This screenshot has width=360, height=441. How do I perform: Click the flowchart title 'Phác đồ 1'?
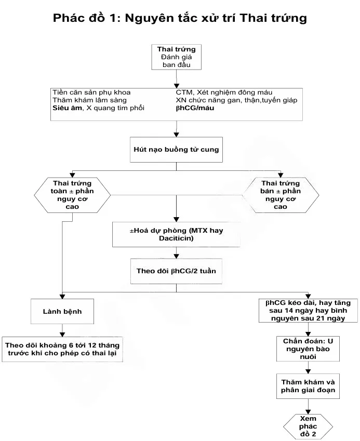coord(85,18)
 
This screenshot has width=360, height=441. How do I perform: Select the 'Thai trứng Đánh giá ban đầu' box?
coord(176,57)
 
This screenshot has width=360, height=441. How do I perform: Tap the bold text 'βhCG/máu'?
coord(195,108)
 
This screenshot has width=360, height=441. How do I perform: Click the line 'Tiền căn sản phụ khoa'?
coord(88,92)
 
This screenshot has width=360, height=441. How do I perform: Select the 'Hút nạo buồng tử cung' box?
coord(176,150)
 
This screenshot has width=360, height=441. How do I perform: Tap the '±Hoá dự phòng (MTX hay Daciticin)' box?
coord(176,234)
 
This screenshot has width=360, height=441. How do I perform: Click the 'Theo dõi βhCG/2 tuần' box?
coord(176,271)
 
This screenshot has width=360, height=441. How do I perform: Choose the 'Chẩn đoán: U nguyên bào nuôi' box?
coord(309,349)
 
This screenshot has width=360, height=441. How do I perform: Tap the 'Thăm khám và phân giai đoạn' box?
coord(309,385)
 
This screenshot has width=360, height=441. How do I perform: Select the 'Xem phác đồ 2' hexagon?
coord(309,426)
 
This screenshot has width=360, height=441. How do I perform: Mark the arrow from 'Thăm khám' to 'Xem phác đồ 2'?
coord(309,405)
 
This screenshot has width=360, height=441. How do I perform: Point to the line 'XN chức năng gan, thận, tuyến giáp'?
coord(236,100)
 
